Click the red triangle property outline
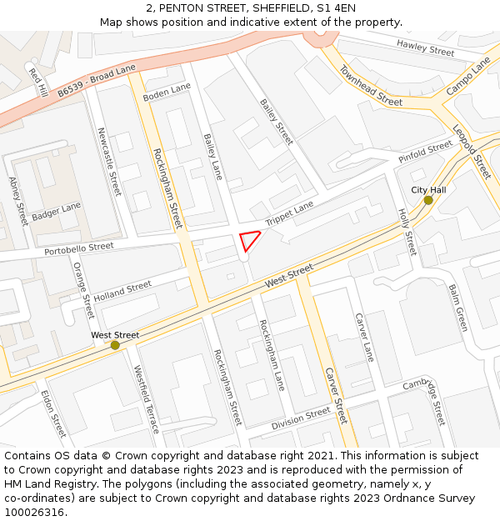coord(249,240)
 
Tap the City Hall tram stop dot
coord(428,200)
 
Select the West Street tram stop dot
coord(115,345)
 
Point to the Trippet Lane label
coord(289,213)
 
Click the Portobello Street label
coord(79,248)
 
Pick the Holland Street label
coord(122,291)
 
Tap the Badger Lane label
coord(57,212)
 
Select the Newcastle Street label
coord(109,161)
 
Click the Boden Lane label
coord(167,93)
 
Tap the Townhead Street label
coord(371,86)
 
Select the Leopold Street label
coord(472,151)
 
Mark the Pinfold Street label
coord(425,152)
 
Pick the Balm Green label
coord(458,308)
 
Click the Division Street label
coord(301,418)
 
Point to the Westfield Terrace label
coord(147,399)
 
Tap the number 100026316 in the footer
coord(33,513)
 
